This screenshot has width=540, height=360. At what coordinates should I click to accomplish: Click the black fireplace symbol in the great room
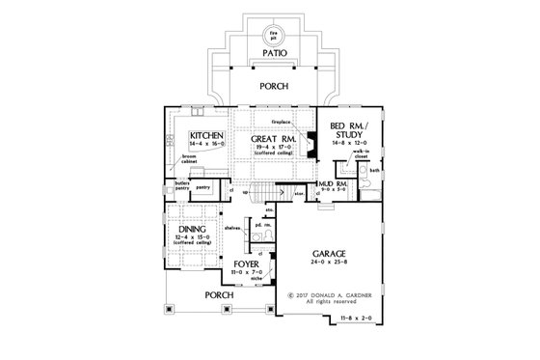point(311,137)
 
